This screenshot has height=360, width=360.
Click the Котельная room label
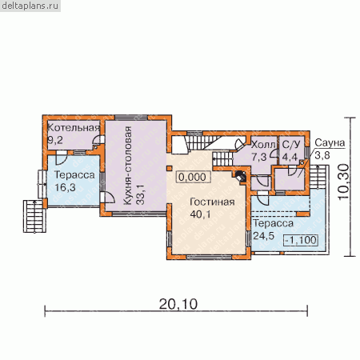[74, 128]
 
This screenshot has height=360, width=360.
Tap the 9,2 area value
[55, 140]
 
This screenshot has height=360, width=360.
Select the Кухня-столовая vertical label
[128, 166]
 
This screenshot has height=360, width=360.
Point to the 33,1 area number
[140, 194]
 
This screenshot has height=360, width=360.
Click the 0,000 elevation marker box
[192, 177]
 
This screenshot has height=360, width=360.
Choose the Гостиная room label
[212, 202]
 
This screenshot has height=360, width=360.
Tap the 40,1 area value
[200, 214]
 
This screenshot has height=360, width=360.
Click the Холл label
[263, 145]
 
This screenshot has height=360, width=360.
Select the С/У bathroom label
[291, 144]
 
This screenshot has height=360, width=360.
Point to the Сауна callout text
[330, 142]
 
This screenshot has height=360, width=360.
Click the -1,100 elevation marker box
[301, 240]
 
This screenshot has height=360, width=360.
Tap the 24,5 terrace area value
[263, 236]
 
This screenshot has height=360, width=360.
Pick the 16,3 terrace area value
[65, 187]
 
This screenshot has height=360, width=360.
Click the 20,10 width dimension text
[178, 304]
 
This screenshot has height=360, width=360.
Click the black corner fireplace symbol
[241, 176]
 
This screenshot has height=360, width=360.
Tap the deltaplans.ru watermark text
[30, 6]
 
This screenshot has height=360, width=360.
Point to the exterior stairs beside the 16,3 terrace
[34, 216]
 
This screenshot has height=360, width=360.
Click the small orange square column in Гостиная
[169, 168]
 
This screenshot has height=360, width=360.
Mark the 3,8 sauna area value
[322, 155]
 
